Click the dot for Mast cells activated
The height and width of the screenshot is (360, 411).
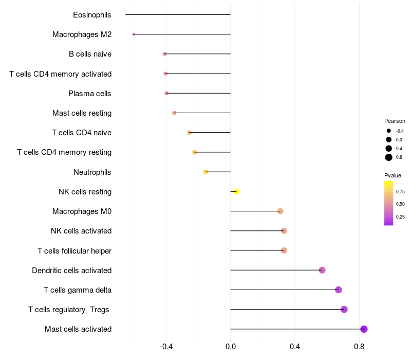click(364, 329)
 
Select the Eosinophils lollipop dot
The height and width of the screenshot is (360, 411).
click(126, 14)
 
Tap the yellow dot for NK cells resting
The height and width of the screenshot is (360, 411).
click(236, 191)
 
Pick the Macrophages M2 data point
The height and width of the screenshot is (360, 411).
click(134, 34)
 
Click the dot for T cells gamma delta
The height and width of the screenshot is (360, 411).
click(338, 290)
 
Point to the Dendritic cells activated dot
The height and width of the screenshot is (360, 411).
click(322, 270)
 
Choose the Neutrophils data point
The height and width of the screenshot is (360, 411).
click(206, 172)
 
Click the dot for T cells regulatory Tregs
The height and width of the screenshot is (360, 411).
click(344, 309)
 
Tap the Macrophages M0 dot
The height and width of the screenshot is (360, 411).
click(280, 211)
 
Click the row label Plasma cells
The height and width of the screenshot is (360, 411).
click(90, 94)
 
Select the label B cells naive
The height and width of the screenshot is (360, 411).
click(90, 54)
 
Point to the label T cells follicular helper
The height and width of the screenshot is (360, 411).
click(74, 250)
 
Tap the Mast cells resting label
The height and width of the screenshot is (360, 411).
click(82, 113)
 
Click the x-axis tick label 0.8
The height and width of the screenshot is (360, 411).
click(359, 347)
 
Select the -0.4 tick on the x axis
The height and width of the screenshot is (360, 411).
click(166, 347)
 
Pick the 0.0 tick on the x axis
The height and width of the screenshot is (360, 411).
click(231, 347)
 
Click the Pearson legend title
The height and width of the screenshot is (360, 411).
click(395, 121)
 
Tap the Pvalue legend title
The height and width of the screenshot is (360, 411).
click(393, 175)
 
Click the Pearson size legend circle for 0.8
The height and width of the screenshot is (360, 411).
click(389, 157)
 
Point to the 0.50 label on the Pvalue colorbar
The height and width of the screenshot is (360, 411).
click(400, 204)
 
